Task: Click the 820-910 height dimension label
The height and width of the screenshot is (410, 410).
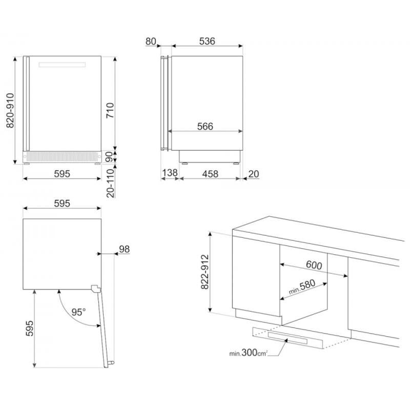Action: coord(10,110)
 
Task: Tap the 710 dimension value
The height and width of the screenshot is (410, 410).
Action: coord(110,110)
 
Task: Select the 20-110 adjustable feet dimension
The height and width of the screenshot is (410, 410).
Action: coord(111,183)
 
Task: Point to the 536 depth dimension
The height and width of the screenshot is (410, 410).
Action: coord(207,42)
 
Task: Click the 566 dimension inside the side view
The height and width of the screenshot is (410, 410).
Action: coord(206,127)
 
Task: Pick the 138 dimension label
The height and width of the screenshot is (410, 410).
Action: coord(170,173)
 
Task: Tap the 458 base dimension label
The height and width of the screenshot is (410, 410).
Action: coord(210,174)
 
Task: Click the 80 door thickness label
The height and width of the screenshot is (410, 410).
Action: coord(151,42)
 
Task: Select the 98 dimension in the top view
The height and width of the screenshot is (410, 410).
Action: coord(125,249)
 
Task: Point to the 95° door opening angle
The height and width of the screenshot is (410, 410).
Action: coord(78,312)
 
